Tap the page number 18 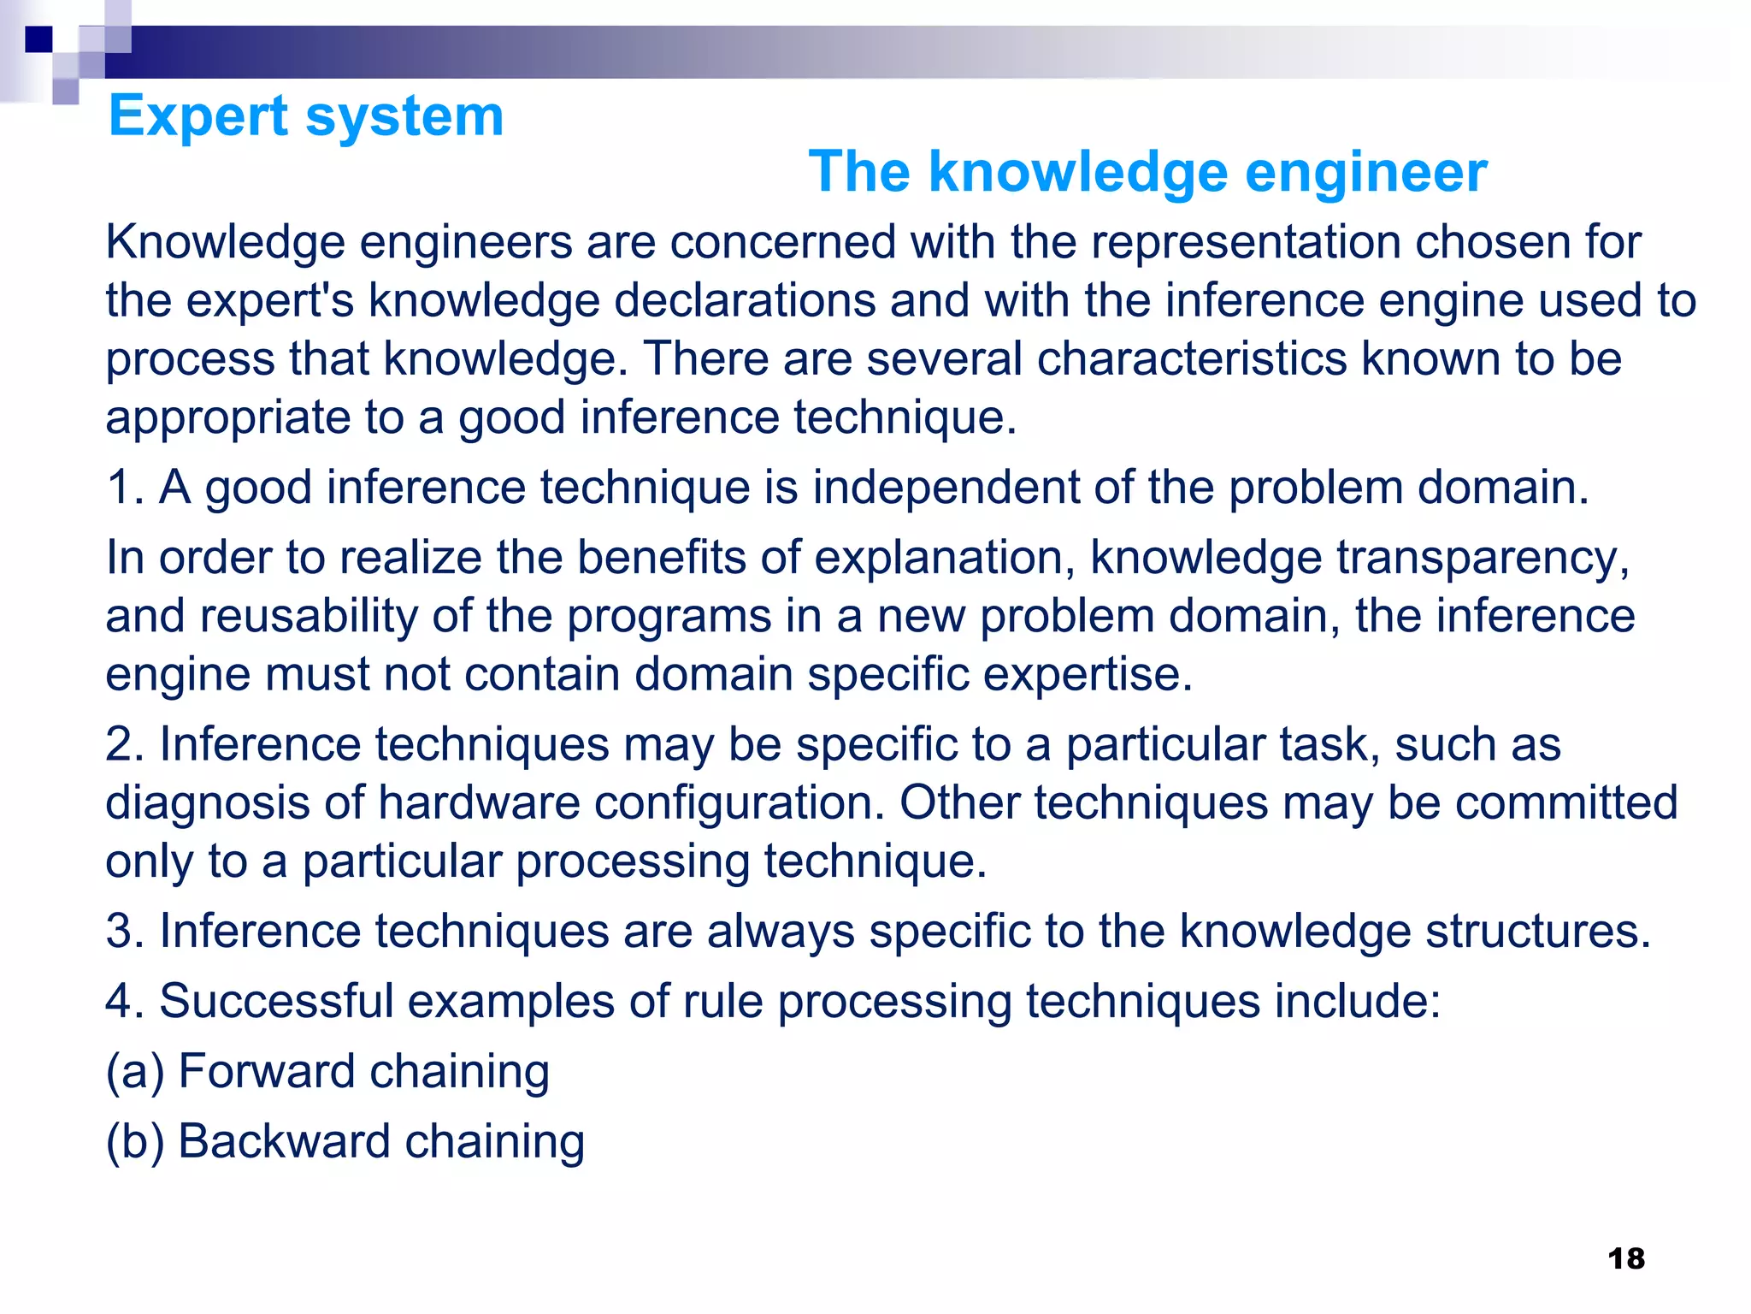(x=1625, y=1258)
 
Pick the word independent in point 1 (x=946, y=488)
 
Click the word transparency (x=1483, y=558)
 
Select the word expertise (x=1087, y=674)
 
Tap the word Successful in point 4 (x=276, y=1001)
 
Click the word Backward (x=284, y=1141)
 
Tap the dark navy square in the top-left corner (x=38, y=39)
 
